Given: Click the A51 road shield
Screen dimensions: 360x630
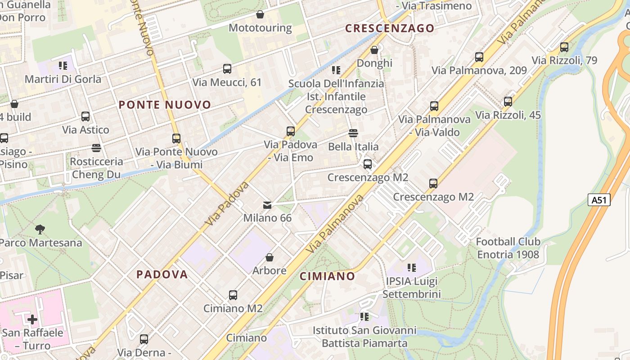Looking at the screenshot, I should pyautogui.click(x=599, y=200).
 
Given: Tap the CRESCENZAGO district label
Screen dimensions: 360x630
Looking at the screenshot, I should pyautogui.click(x=390, y=28).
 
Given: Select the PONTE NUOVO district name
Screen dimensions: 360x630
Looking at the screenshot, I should pyautogui.click(x=165, y=105).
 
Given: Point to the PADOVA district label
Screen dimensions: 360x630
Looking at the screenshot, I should pyautogui.click(x=162, y=274).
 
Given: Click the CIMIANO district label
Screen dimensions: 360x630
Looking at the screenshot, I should pyautogui.click(x=327, y=276).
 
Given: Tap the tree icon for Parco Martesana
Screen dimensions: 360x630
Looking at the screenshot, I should pyautogui.click(x=40, y=229).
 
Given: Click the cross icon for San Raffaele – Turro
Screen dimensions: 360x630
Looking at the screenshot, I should pyautogui.click(x=32, y=319).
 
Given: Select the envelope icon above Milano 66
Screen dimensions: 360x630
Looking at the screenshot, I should pyautogui.click(x=267, y=205).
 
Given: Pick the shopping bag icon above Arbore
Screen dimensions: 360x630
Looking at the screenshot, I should pyautogui.click(x=270, y=257).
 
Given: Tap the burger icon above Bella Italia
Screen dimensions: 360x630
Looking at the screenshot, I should pyautogui.click(x=353, y=133).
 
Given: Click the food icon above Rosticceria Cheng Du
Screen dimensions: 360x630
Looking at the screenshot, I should pyautogui.click(x=96, y=148).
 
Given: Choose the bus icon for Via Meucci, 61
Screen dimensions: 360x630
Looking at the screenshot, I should pyautogui.click(x=227, y=69).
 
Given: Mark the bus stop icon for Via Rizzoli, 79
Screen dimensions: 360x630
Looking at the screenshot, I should pyautogui.click(x=564, y=47).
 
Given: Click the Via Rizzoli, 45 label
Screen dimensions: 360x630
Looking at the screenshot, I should pyautogui.click(x=508, y=115).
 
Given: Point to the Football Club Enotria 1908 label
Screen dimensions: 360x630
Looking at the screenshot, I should pyautogui.click(x=508, y=248).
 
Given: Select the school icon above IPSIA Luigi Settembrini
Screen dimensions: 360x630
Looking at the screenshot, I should pyautogui.click(x=411, y=268).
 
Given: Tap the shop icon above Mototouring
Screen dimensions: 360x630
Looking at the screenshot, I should pyautogui.click(x=260, y=14).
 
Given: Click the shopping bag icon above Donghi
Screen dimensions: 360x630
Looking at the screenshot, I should pyautogui.click(x=374, y=50).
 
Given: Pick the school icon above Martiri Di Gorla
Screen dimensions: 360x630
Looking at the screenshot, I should pyautogui.click(x=63, y=66).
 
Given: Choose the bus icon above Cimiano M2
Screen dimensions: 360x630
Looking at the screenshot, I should pyautogui.click(x=233, y=295).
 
